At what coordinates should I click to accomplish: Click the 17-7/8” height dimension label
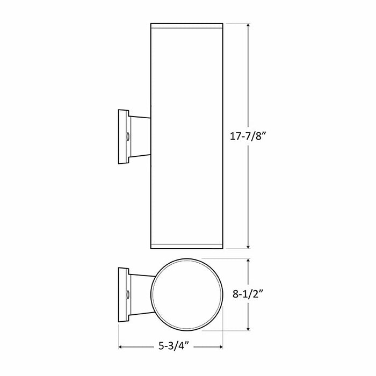click(x=248, y=136)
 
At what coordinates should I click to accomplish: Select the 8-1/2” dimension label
click(x=248, y=293)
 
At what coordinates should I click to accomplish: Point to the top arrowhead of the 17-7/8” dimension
click(x=248, y=25)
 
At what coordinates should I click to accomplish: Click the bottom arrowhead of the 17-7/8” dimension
click(x=248, y=247)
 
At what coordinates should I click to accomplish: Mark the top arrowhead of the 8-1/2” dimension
click(x=248, y=261)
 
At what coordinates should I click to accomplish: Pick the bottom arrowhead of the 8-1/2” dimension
click(x=248, y=329)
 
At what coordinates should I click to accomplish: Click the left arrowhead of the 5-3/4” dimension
click(x=121, y=347)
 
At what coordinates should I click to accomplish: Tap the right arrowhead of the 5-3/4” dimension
click(x=221, y=347)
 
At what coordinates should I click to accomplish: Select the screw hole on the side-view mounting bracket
click(x=128, y=136)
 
